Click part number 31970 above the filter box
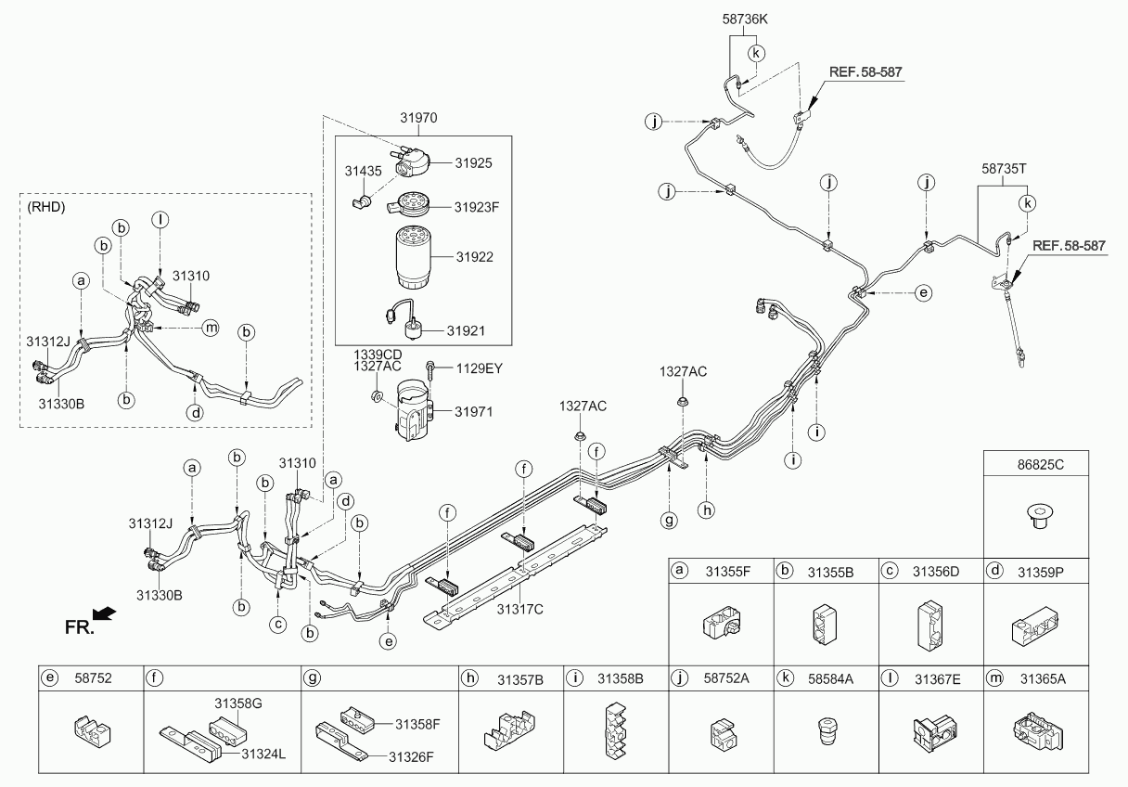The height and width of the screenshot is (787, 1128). pyautogui.click(x=418, y=119)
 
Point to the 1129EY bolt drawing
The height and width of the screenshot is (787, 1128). pyautogui.click(x=431, y=371)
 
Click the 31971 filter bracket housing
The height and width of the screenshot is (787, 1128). pyautogui.click(x=411, y=413)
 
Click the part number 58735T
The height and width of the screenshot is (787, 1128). pyautogui.click(x=1006, y=170)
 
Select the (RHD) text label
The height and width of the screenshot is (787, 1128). pyautogui.click(x=47, y=207)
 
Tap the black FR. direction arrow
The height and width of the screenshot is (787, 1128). pyautogui.click(x=105, y=613)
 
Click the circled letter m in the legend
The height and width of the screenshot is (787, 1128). pyautogui.click(x=995, y=679)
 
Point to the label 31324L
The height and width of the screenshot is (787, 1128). pyautogui.click(x=263, y=754)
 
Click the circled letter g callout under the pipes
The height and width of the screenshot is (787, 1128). pyautogui.click(x=669, y=521)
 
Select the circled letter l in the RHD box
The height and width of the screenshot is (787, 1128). pyautogui.click(x=160, y=220)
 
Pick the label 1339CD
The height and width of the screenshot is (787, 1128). pyautogui.click(x=377, y=355)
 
